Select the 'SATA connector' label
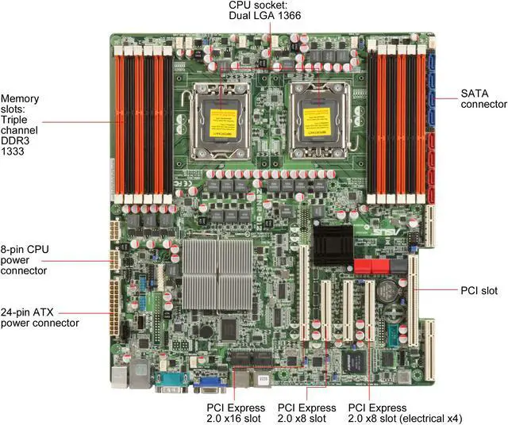point(483,98)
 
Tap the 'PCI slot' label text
point(479,290)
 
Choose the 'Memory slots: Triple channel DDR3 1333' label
point(21,124)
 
